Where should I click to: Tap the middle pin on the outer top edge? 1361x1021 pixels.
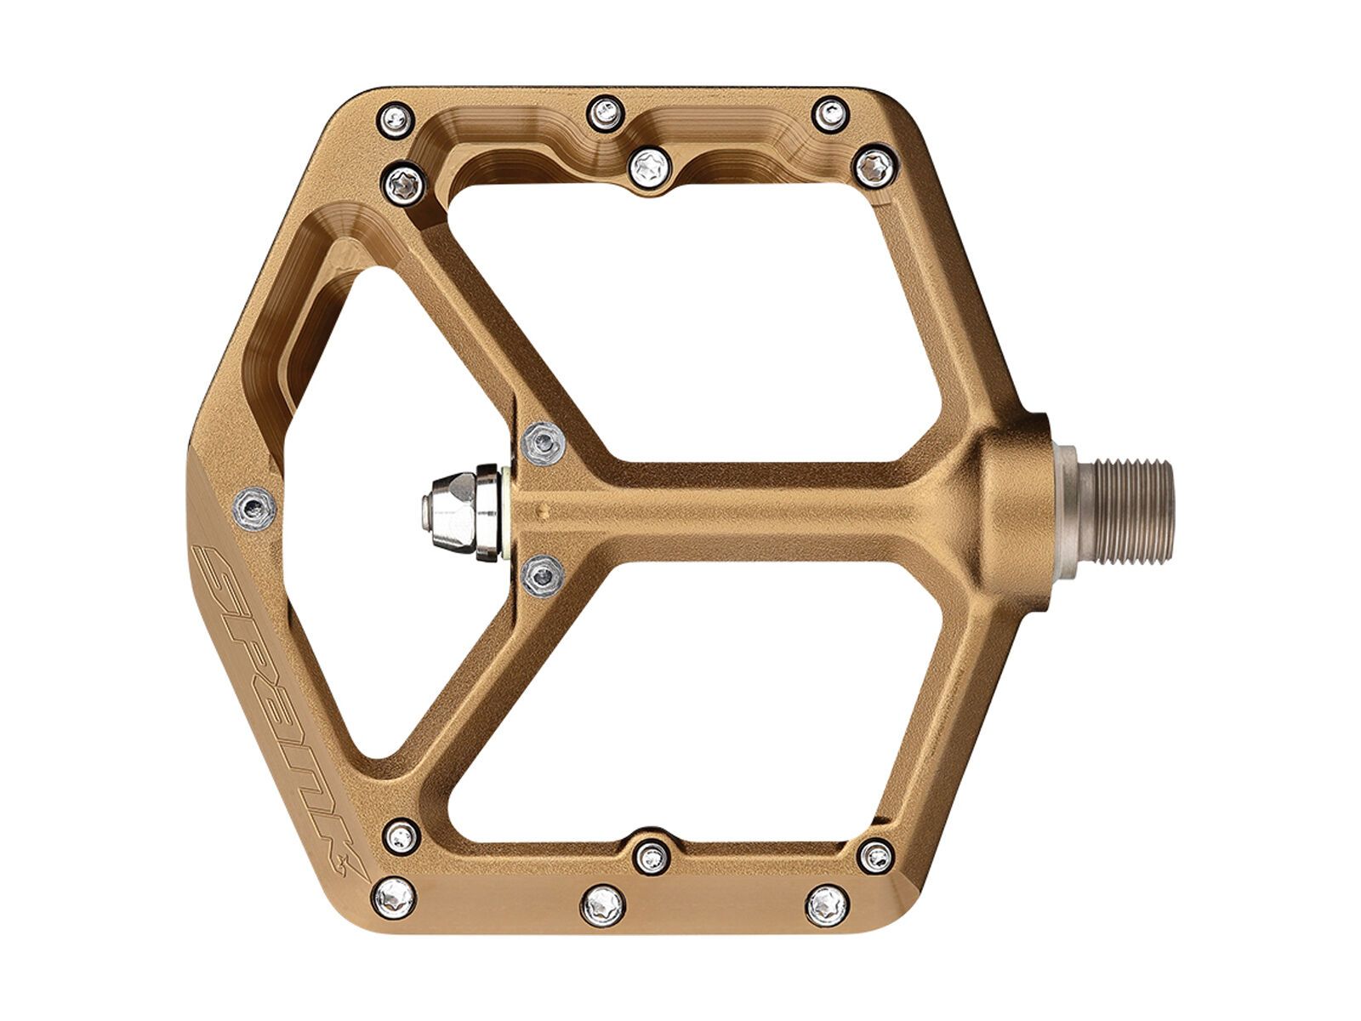[x=605, y=109]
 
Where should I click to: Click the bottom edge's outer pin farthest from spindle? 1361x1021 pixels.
[x=394, y=894]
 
